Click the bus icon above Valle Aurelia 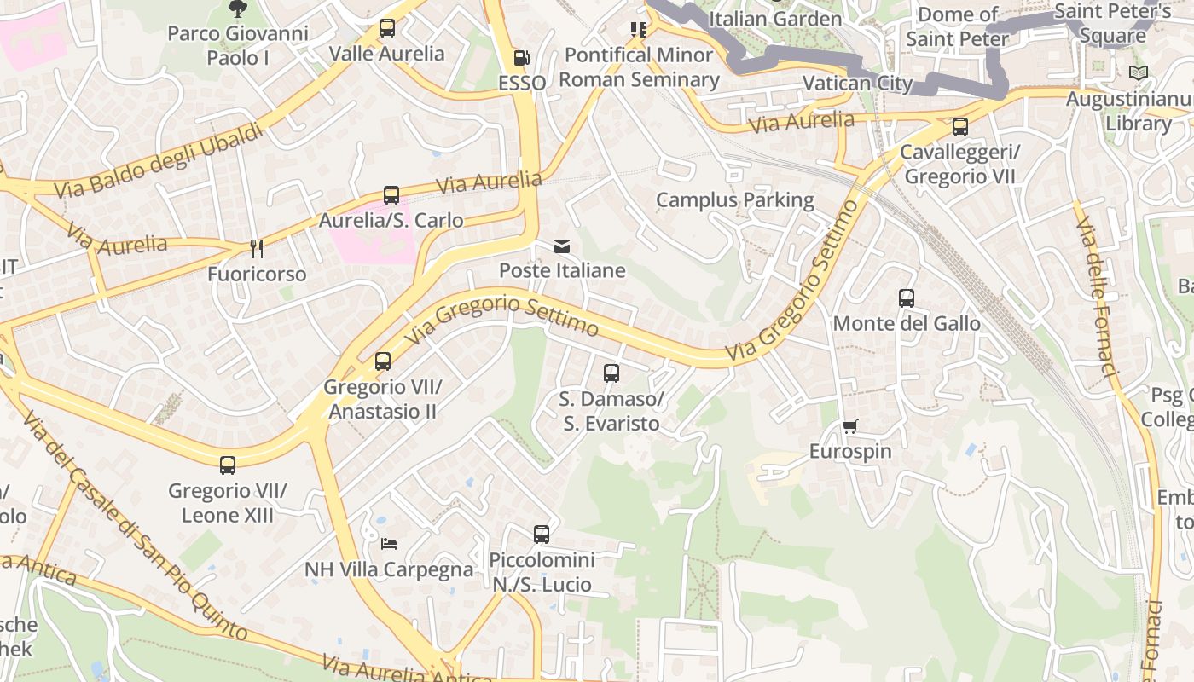point(387,28)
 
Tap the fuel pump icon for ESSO point(521,58)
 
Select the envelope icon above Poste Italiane point(562,246)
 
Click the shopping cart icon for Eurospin point(849,426)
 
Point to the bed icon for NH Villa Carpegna point(389,543)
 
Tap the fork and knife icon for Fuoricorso point(256,248)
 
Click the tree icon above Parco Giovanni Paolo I point(237,9)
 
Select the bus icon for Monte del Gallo point(907,298)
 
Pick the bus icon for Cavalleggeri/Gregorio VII point(960,127)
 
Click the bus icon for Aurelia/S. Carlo point(391,195)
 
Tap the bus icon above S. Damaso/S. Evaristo point(611,373)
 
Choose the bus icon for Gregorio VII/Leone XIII point(228,465)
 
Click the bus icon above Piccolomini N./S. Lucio point(542,535)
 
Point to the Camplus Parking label point(734,200)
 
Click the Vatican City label point(857,84)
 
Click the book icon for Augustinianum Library point(1138,73)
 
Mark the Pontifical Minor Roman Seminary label point(639,67)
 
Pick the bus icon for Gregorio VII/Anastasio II point(383,361)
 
